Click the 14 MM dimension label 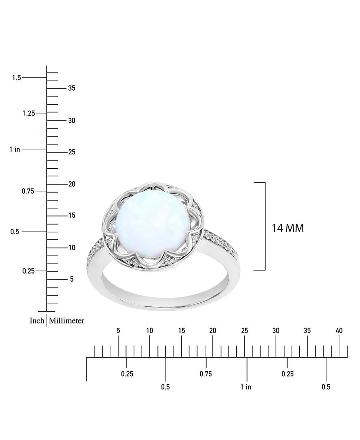pyautogui.click(x=288, y=228)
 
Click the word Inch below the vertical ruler pyautogui.click(x=37, y=321)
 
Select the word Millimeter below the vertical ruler pyautogui.click(x=67, y=321)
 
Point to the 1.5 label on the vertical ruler pyautogui.click(x=16, y=78)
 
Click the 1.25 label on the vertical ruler pyautogui.click(x=28, y=113)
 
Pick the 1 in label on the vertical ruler pyautogui.click(x=14, y=149)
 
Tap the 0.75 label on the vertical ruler pyautogui.click(x=28, y=191)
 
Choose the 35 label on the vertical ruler pyautogui.click(x=72, y=88)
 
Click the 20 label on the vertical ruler pyautogui.click(x=72, y=184)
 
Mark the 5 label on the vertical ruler pyautogui.click(x=72, y=279)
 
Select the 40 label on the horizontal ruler pyautogui.click(x=339, y=331)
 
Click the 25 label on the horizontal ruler pyautogui.click(x=244, y=331)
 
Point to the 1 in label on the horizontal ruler pyautogui.click(x=246, y=387)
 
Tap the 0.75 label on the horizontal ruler pyautogui.click(x=206, y=374)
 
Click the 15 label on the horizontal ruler pyautogui.click(x=181, y=331)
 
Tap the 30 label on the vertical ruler pyautogui.click(x=72, y=121)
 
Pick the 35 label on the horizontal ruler pyautogui.click(x=307, y=331)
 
